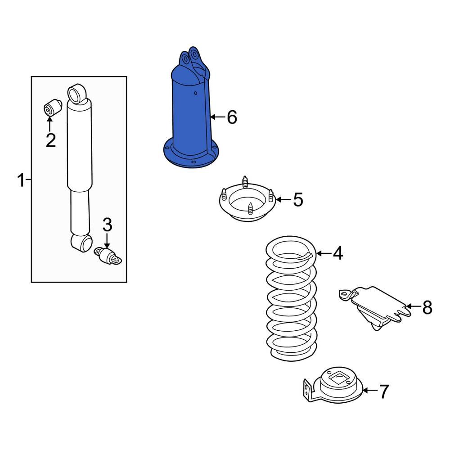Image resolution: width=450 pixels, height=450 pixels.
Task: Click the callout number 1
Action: [20, 180]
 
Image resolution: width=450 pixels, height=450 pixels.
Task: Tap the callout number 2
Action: [50, 140]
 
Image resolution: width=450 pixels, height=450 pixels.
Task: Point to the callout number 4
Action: [337, 253]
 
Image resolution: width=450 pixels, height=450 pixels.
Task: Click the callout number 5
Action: [298, 199]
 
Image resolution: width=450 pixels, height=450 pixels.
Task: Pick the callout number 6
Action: [231, 117]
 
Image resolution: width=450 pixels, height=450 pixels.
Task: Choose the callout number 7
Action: [383, 391]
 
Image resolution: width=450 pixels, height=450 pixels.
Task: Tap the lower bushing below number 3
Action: [108, 256]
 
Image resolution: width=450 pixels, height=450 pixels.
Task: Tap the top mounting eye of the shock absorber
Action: [77, 93]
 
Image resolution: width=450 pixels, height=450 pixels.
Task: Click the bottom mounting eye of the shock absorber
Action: [81, 243]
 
